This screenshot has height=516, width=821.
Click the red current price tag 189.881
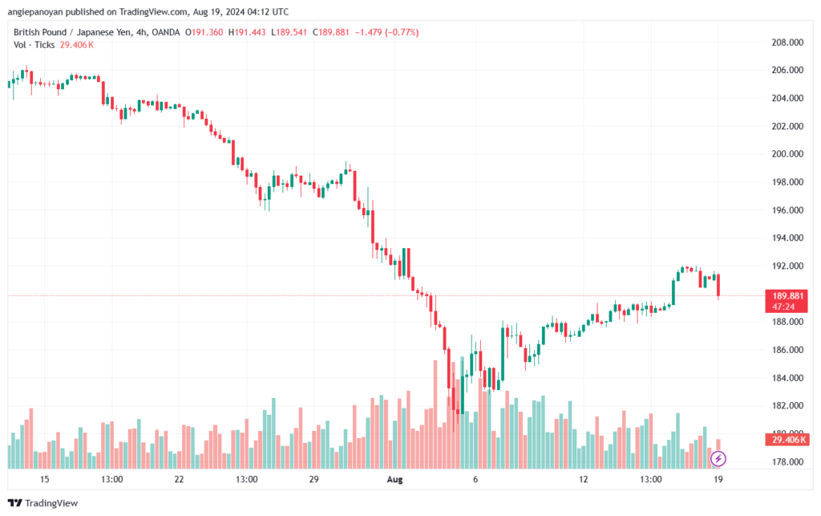click(x=786, y=295)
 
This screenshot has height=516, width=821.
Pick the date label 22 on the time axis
click(x=179, y=479)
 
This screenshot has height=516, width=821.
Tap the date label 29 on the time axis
click(x=313, y=479)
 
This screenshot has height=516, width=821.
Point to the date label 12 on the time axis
click(x=584, y=479)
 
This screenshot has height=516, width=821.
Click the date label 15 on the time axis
click(x=44, y=479)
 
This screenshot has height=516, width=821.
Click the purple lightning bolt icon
click(x=719, y=459)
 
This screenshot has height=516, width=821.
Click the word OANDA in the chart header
click(x=164, y=32)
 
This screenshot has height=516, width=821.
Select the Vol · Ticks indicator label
click(x=34, y=45)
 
